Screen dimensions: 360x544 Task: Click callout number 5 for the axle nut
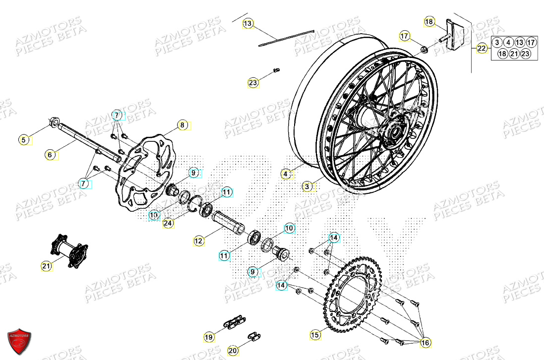tap(23, 140)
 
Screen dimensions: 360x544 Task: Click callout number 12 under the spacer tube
tap(199, 241)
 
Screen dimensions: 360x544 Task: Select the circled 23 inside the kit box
tap(525, 54)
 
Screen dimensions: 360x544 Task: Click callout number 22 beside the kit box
tap(482, 48)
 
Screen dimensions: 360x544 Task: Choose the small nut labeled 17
tap(424, 49)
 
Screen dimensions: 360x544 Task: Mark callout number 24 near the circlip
tap(168, 224)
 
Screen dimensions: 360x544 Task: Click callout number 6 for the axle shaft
tap(50, 155)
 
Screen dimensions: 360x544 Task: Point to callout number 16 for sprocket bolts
tap(424, 342)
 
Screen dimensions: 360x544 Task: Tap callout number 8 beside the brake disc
tap(182, 125)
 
